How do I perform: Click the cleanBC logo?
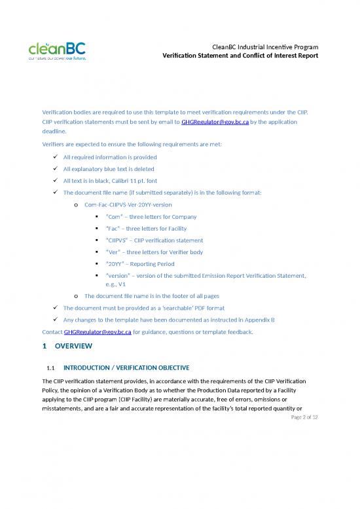pyautogui.click(x=56, y=50)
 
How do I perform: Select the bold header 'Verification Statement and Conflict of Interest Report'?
pyautogui.click(x=240, y=56)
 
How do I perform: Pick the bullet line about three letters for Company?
pyautogui.click(x=151, y=217)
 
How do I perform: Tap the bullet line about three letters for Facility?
pyautogui.click(x=146, y=229)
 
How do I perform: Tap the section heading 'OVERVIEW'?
pyautogui.click(x=74, y=346)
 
